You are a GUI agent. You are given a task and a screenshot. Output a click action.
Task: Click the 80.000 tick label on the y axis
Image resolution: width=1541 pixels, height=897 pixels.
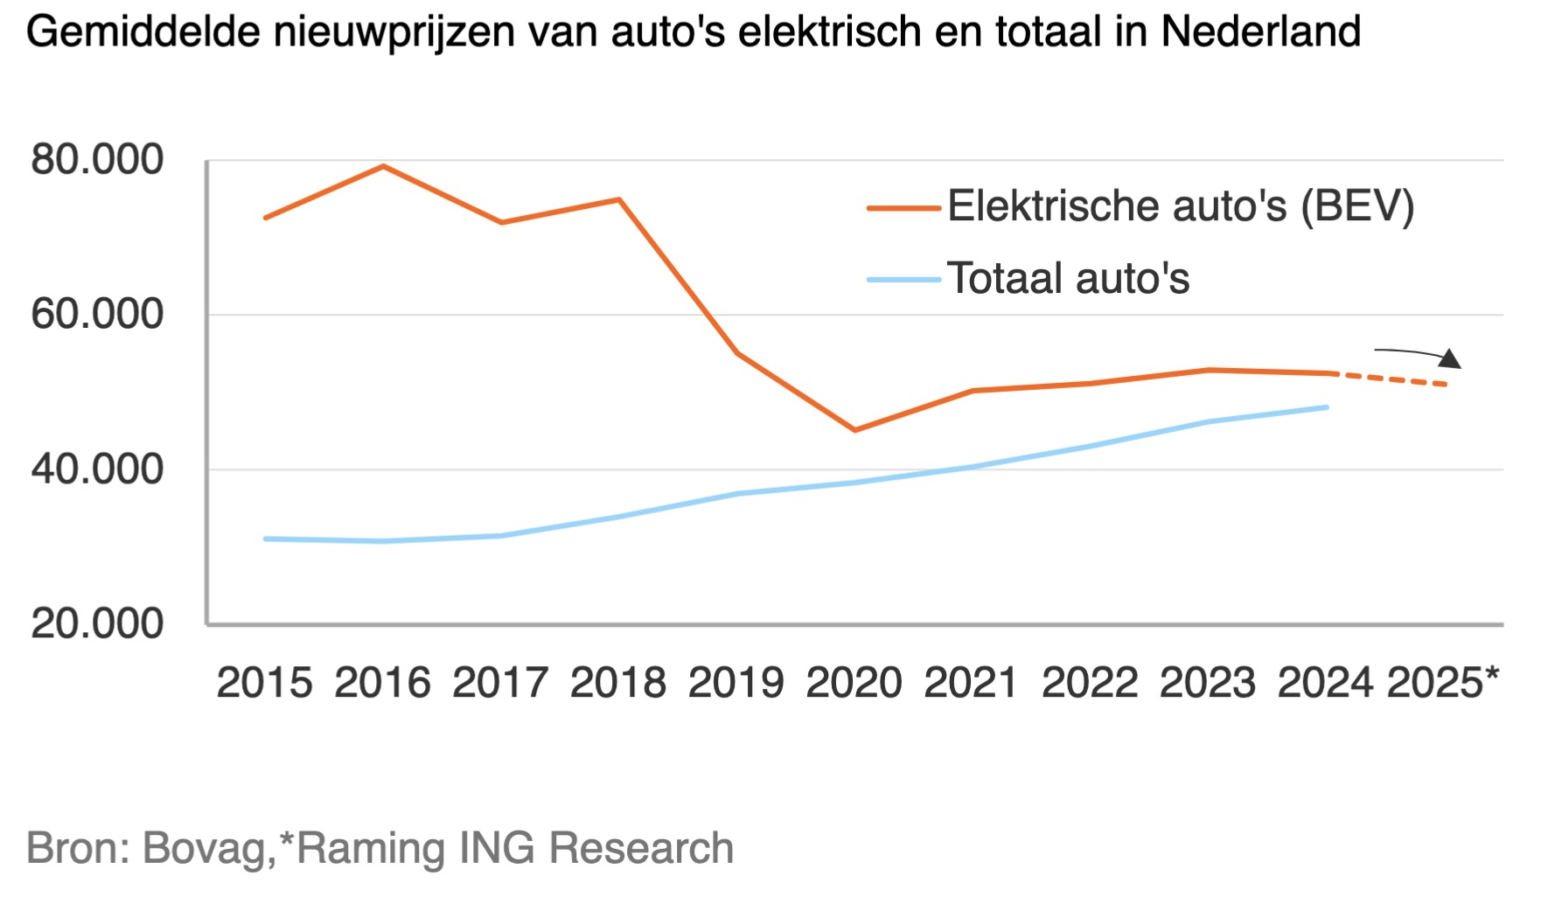pos(96,160)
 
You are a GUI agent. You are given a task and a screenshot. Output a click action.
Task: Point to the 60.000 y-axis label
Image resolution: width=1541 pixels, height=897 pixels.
pos(96,315)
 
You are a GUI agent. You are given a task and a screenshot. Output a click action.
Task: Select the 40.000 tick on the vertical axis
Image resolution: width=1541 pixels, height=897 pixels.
pos(96,469)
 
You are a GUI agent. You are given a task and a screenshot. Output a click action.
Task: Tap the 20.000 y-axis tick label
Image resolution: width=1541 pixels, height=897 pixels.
pos(96,624)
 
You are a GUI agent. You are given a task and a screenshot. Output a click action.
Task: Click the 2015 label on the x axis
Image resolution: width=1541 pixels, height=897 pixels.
pos(264,683)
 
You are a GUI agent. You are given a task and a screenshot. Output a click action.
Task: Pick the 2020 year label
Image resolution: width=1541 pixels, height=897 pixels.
pos(854,683)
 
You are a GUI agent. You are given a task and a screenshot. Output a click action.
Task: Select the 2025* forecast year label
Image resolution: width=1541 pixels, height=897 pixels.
pos(1443,683)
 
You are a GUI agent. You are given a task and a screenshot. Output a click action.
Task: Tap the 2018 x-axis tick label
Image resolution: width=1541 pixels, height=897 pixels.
pos(617,683)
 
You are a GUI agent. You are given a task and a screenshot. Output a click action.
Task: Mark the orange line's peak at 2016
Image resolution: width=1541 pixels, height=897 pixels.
pos(383,166)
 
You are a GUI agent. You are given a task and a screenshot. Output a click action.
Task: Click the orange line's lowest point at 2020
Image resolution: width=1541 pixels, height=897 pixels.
pos(854,430)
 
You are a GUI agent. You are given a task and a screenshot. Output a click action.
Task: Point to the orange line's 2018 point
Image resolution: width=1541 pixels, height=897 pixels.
pos(619,200)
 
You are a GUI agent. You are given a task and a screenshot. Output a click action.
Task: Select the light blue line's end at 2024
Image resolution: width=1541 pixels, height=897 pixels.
pos(1327,407)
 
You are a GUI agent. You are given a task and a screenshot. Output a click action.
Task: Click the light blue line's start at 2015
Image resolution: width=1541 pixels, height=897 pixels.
pos(265,539)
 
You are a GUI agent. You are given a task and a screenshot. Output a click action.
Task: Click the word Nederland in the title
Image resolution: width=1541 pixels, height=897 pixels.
pos(1260,32)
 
